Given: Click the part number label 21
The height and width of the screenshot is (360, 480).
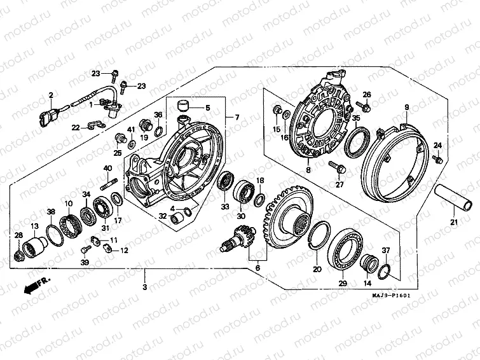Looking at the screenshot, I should pyautogui.click(x=454, y=222).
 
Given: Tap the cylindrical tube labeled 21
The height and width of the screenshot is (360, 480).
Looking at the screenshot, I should pyautogui.click(x=454, y=195).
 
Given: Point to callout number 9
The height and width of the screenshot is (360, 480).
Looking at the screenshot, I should pyautogui.click(x=406, y=107).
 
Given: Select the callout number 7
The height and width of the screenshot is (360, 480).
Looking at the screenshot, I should pyautogui.click(x=237, y=118).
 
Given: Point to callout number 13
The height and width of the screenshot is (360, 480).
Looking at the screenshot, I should pyautogui.click(x=34, y=226).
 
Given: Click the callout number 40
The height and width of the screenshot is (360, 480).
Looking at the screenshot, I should pyautogui.click(x=107, y=168).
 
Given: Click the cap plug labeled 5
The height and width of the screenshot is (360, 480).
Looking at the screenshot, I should pyautogui.click(x=183, y=104).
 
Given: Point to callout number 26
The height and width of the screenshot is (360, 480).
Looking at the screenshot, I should pyautogui.click(x=366, y=95).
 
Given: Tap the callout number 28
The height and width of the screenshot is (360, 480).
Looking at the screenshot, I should pyautogui.click(x=18, y=236).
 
